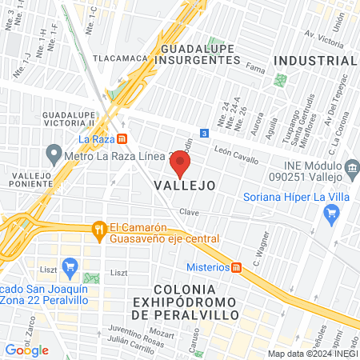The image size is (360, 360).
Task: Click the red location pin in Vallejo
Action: click(x=180, y=163)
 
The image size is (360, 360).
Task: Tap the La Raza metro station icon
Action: click(x=122, y=138)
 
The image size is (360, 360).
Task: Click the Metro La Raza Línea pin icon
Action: click(x=54, y=152)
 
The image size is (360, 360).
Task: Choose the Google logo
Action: click(x=26, y=350)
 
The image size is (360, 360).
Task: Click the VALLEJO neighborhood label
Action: click(x=184, y=185)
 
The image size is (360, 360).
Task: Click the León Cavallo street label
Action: click(x=236, y=154)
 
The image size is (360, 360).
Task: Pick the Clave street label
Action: click(x=189, y=213)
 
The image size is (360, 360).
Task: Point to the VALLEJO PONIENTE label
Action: click(x=26, y=181)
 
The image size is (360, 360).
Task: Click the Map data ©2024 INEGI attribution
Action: click(x=312, y=353)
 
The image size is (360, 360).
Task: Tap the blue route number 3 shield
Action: click(x=205, y=133)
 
